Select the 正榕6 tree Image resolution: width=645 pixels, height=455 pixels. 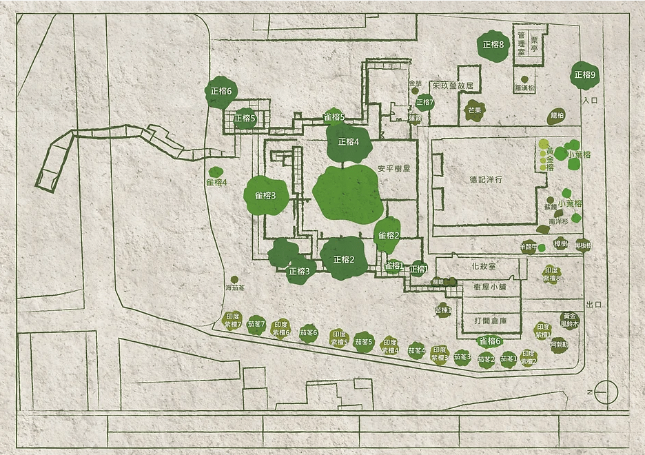coord(223,91)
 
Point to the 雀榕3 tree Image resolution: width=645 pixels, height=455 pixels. coord(265,196)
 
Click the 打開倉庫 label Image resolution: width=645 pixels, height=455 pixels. coord(490,321)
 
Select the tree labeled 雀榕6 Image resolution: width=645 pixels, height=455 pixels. coord(490,341)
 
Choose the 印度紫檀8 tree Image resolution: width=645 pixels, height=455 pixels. coord(551,274)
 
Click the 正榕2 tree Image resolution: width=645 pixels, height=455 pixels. coord(343,259)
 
